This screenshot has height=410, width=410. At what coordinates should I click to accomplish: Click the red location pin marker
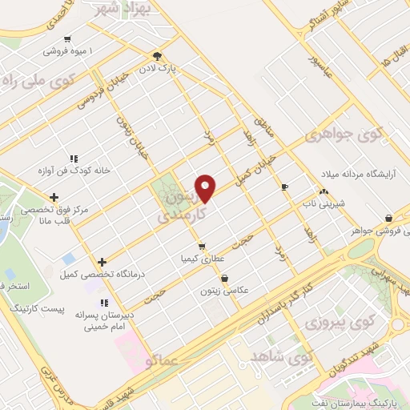(206, 187)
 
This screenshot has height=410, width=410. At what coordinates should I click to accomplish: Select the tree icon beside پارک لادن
(158, 56)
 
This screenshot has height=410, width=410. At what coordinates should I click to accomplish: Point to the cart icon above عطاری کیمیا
(202, 246)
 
